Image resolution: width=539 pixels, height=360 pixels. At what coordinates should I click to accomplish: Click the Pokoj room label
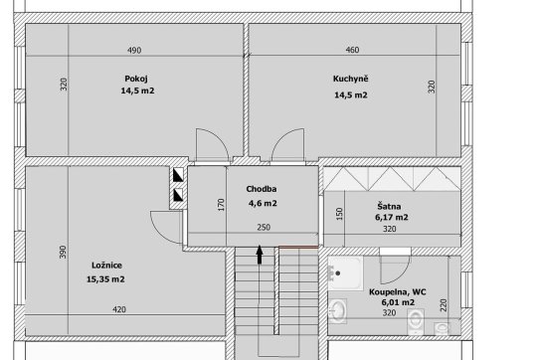[x=136, y=79]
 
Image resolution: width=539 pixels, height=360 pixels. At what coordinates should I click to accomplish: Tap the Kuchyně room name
[x=351, y=79]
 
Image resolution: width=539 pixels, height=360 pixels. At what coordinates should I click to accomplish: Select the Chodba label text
[x=262, y=189]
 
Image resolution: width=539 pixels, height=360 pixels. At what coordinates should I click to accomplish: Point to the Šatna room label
[x=389, y=206]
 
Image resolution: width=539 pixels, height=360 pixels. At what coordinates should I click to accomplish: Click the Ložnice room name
[x=106, y=266]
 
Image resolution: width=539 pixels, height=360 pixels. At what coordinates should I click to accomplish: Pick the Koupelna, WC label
[x=398, y=292]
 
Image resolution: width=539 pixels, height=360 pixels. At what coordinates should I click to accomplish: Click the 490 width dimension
[x=134, y=50]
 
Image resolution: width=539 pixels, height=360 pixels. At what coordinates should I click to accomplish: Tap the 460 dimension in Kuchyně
[x=352, y=50]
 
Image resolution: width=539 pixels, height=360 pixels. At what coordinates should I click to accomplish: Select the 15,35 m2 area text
[x=105, y=279]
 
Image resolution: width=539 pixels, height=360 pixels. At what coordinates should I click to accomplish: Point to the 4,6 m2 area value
[x=263, y=203]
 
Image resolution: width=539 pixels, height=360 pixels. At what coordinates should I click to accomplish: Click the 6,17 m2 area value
[x=392, y=218]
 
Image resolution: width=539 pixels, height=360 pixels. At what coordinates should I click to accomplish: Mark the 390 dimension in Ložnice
[x=63, y=252]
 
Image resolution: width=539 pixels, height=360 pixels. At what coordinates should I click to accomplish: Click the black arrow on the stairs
[x=260, y=255]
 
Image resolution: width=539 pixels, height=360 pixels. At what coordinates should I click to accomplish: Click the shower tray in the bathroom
[x=345, y=273]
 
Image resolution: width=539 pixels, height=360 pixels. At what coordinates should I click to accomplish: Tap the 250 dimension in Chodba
[x=264, y=228]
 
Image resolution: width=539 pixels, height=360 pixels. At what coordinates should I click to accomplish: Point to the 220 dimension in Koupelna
[x=444, y=305]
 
